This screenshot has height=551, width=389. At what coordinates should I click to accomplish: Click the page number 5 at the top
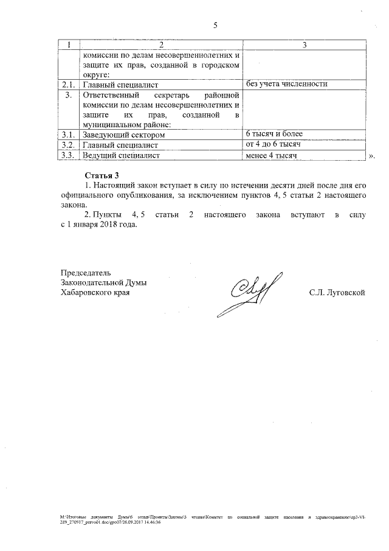(215, 26)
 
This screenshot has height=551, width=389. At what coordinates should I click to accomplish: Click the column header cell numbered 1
(70, 45)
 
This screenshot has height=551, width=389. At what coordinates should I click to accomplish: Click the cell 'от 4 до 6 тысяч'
(274, 145)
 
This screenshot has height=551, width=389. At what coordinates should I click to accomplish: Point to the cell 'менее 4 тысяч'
(270, 156)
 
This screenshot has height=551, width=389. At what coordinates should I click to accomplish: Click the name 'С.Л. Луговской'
(337, 293)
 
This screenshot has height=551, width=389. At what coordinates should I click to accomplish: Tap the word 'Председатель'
(86, 272)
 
